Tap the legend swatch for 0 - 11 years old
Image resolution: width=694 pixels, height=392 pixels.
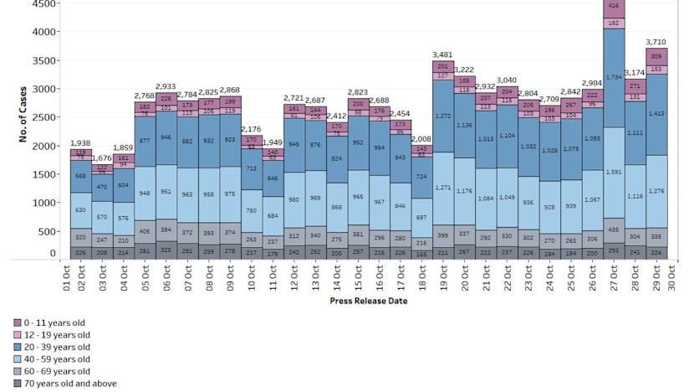coord(17,322)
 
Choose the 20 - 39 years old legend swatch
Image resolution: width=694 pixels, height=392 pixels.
coord(17,347)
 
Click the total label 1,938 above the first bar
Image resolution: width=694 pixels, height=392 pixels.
coord(81,143)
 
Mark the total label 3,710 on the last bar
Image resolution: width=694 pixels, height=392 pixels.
coord(657,42)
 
